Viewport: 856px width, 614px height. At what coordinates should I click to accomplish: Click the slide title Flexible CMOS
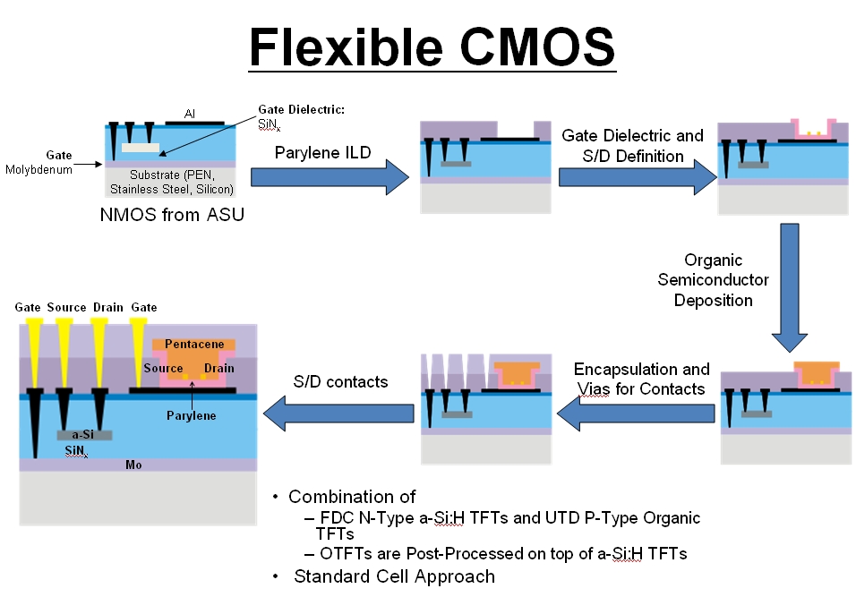(432, 47)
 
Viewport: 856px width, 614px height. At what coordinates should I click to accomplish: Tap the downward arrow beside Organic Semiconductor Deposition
(790, 286)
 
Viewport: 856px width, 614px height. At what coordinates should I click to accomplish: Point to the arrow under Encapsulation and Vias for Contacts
(638, 413)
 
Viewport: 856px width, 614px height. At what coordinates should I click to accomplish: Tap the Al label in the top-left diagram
(190, 114)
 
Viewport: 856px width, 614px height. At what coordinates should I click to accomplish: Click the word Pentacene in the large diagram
(193, 344)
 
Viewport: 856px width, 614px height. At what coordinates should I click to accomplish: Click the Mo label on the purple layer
(133, 465)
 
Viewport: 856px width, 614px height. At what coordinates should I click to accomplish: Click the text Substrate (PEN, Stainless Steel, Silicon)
(171, 182)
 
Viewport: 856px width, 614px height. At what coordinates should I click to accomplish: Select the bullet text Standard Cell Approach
(394, 576)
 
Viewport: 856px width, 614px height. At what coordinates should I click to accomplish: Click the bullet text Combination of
(351, 497)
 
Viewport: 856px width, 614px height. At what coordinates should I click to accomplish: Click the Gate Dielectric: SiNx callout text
(301, 116)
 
